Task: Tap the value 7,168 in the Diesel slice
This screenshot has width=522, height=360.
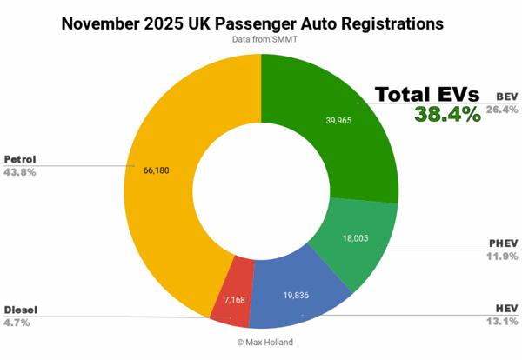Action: (x=233, y=300)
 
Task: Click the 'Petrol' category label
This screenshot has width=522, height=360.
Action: (x=20, y=160)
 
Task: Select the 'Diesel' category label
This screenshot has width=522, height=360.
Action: (x=20, y=310)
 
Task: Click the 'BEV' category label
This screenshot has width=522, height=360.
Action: (x=506, y=97)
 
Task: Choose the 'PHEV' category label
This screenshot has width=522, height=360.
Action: (x=503, y=243)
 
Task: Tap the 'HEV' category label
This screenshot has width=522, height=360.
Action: (x=507, y=309)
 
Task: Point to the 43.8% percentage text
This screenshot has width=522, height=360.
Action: (x=21, y=172)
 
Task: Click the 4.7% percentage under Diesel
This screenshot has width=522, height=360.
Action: (x=17, y=322)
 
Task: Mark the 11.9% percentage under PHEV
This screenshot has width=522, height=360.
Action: (x=501, y=256)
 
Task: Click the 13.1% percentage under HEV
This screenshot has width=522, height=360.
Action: (x=502, y=321)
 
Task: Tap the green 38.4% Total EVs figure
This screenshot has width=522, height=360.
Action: (x=447, y=114)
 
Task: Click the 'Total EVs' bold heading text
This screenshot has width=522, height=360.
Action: (x=428, y=95)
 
